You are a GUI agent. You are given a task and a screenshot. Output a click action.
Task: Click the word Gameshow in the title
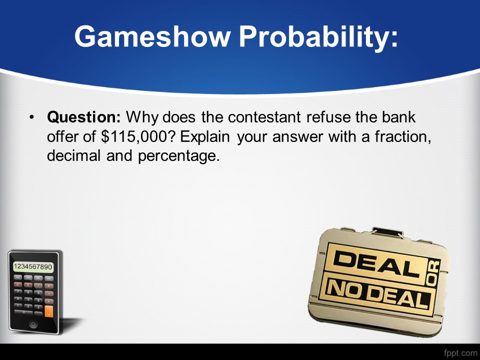click(x=152, y=36)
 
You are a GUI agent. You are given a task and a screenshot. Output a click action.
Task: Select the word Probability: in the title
click(x=318, y=37)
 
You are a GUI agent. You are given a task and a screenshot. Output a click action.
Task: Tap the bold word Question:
click(x=84, y=117)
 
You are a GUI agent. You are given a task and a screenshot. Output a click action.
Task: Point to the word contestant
click(x=264, y=117)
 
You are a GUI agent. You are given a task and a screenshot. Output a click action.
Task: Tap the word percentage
click(x=179, y=156)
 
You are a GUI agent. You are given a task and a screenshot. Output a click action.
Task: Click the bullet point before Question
click(x=31, y=117)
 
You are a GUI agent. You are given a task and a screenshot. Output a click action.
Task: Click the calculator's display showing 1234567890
click(x=33, y=266)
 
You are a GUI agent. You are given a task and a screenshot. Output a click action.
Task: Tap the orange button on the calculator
click(x=48, y=311)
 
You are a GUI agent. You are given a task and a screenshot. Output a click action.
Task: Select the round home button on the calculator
click(x=33, y=324)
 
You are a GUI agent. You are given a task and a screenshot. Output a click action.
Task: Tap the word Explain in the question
click(x=205, y=137)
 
